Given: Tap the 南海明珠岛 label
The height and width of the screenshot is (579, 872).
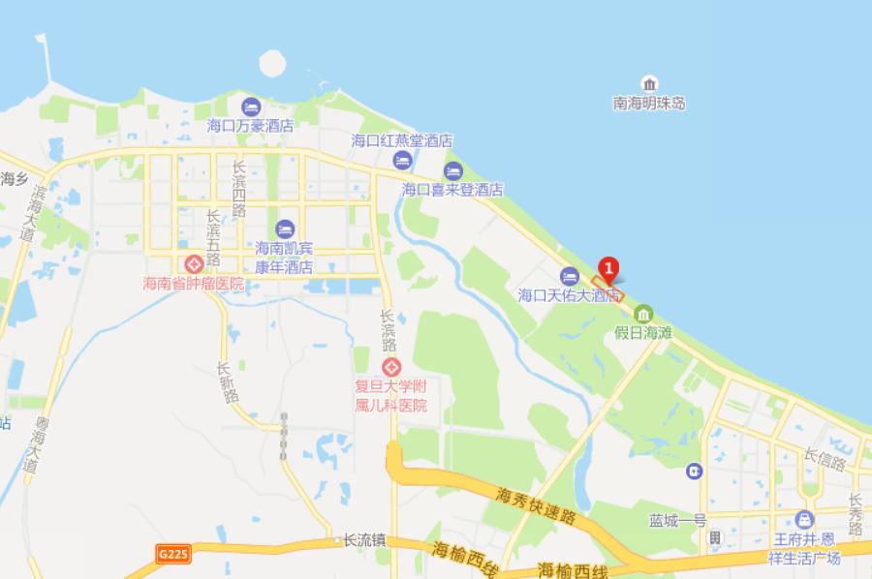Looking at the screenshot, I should click(649, 103).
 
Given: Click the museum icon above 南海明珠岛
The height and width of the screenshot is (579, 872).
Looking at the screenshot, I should click(649, 83).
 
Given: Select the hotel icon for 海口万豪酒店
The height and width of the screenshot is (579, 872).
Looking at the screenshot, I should click(250, 106).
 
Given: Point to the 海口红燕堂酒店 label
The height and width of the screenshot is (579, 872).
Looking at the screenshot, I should click(401, 140).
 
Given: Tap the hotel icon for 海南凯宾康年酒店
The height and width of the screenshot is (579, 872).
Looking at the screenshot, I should click(284, 229).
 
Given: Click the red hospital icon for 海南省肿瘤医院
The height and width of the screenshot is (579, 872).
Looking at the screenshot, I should click(193, 264).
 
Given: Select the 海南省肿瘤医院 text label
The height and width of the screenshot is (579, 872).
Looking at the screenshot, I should click(193, 284).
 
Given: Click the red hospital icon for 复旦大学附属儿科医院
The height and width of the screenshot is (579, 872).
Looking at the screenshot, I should click(391, 368).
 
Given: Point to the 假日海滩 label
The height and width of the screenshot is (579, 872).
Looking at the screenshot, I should click(643, 332).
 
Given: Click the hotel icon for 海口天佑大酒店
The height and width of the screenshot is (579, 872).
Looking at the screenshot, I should click(569, 275).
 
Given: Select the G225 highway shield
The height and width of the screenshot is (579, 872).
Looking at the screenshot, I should click(171, 554).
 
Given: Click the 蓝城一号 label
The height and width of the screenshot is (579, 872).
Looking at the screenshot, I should click(678, 520).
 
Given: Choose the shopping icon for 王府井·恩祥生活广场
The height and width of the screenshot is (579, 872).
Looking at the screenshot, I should click(804, 519).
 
